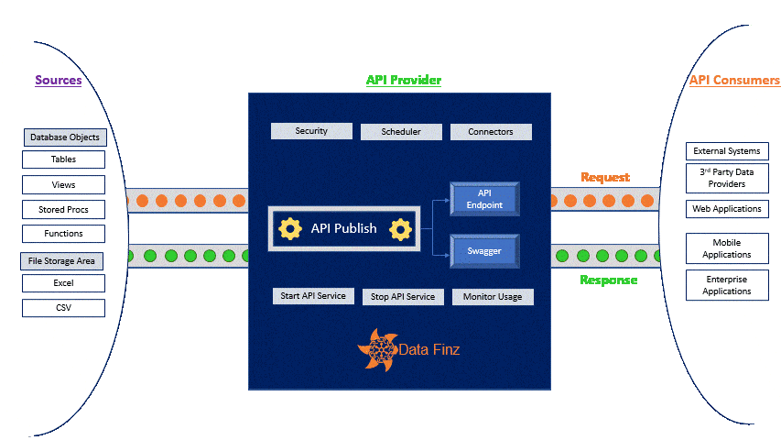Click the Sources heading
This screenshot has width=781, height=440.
59,80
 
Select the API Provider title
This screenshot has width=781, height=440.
404,80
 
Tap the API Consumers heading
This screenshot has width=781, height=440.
734,80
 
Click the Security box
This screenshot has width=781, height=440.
311,131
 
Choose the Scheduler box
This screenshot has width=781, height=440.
401,132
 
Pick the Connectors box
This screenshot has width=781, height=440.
491,132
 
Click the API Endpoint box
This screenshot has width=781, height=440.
484,199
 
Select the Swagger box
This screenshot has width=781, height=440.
484,249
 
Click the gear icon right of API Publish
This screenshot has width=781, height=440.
399,228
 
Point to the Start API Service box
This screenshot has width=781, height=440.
313,296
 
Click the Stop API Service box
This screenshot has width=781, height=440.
403,297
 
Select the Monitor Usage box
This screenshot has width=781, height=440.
493,297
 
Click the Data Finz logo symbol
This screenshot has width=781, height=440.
378,349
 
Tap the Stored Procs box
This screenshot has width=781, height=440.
63,210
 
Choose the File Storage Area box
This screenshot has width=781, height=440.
61,261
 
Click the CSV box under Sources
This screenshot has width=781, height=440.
63,308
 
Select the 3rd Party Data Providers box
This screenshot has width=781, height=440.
727,178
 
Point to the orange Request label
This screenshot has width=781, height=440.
605,177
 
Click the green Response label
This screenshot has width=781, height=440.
608,280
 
